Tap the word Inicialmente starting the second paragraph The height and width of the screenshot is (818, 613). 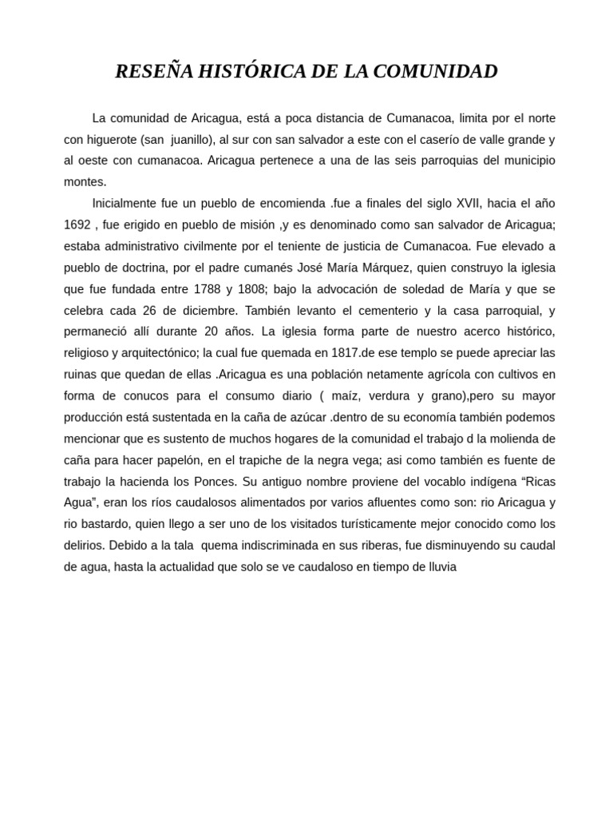pyautogui.click(x=128, y=203)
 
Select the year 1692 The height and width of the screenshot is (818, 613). pyautogui.click(x=77, y=224)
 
